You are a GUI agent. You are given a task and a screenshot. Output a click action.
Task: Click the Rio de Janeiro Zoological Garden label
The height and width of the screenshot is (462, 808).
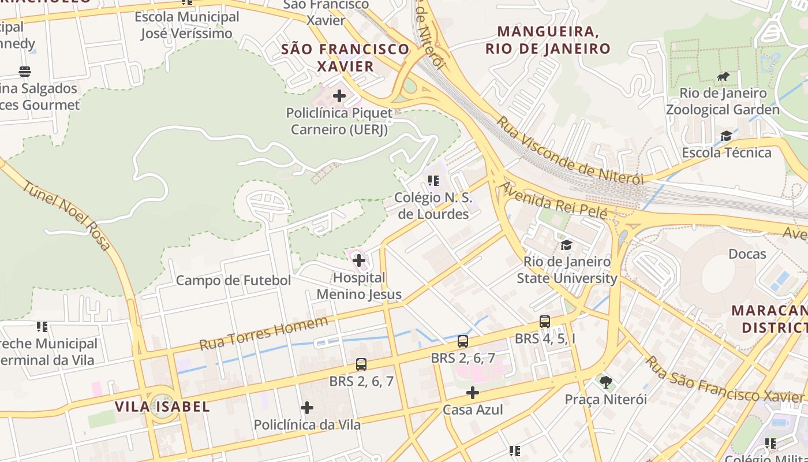click(723, 101)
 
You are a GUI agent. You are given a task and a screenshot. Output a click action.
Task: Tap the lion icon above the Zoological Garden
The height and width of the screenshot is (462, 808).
click(723, 76)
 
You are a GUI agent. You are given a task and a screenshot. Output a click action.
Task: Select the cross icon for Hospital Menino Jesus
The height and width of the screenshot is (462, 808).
click(359, 260)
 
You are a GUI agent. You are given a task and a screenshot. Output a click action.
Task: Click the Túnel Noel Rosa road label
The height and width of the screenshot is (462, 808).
click(67, 215)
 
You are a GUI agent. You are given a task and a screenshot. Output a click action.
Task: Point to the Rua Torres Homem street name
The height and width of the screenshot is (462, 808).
click(264, 333)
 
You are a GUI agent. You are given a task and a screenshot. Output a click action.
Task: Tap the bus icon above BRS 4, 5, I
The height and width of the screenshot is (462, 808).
click(544, 322)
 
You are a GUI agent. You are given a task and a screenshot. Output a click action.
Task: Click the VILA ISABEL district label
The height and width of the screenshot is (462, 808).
click(162, 406)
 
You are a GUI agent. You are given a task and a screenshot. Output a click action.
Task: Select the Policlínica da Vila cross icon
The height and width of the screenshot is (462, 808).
click(307, 408)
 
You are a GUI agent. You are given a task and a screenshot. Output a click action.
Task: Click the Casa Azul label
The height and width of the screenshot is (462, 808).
click(473, 410)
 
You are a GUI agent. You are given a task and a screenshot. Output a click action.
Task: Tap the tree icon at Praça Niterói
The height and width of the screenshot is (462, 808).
click(605, 382)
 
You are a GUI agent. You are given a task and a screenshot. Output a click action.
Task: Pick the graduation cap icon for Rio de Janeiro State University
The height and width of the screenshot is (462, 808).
click(566, 245)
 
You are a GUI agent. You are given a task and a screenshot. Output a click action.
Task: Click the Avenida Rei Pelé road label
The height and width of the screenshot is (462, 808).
click(554, 201)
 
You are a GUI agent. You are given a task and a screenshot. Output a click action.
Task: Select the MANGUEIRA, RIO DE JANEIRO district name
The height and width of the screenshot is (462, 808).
click(547, 40)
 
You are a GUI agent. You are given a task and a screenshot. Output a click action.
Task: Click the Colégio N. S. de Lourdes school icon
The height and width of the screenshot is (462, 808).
click(433, 181)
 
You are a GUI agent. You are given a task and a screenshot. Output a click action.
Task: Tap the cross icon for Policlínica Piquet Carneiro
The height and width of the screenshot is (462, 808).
click(339, 95)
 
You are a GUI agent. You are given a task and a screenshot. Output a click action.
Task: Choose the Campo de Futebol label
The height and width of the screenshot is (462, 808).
click(233, 281)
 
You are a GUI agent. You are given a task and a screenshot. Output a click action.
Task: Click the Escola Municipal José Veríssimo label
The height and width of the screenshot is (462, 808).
click(186, 25)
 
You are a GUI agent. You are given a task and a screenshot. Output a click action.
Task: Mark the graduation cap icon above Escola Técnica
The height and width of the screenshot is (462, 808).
click(726, 136)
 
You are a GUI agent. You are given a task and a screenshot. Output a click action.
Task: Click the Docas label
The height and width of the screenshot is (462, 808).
click(747, 254)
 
